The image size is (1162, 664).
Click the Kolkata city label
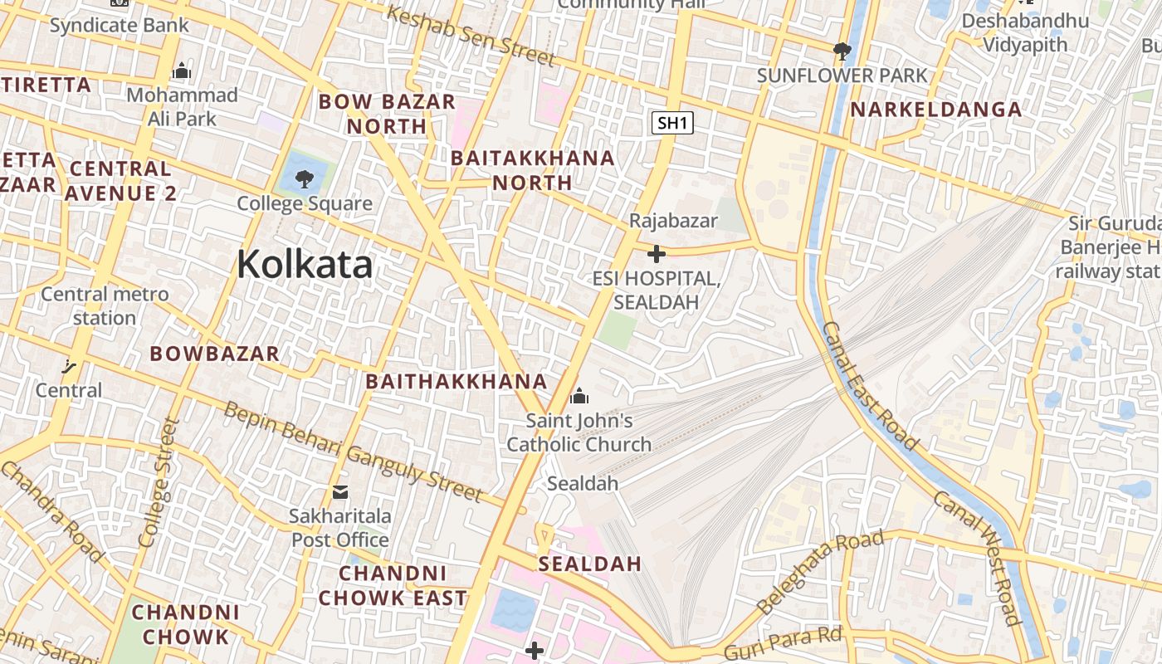pyautogui.click(x=305, y=265)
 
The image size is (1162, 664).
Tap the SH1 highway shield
pyautogui.click(x=671, y=124)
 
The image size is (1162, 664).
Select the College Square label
pyautogui.click(x=305, y=203)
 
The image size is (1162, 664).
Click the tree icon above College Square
pyautogui.click(x=305, y=178)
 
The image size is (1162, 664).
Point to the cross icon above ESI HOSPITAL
pyautogui.click(x=657, y=253)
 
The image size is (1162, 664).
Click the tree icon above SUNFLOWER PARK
pyautogui.click(x=842, y=51)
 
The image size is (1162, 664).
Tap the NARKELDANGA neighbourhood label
pyautogui.click(x=935, y=110)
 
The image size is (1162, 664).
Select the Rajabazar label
pyautogui.click(x=673, y=221)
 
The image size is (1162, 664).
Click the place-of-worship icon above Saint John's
pyautogui.click(x=580, y=395)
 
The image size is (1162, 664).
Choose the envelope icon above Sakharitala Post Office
pyautogui.click(x=340, y=492)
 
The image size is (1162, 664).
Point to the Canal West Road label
pyautogui.click(x=976, y=556)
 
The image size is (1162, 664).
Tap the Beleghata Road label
pyautogui.click(x=820, y=572)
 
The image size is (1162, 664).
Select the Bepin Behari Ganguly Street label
pyautogui.click(x=353, y=452)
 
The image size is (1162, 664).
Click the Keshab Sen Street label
pyautogui.click(x=470, y=36)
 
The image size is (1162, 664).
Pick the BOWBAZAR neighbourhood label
pyautogui.click(x=214, y=354)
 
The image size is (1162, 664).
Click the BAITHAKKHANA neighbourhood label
pyautogui.click(x=456, y=382)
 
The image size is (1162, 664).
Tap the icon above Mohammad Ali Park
pyautogui.click(x=182, y=71)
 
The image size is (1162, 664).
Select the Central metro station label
pyautogui.click(x=105, y=305)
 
